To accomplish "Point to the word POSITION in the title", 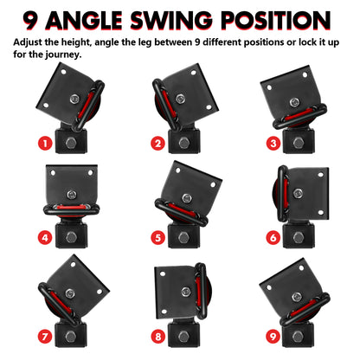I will tap(286, 19).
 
